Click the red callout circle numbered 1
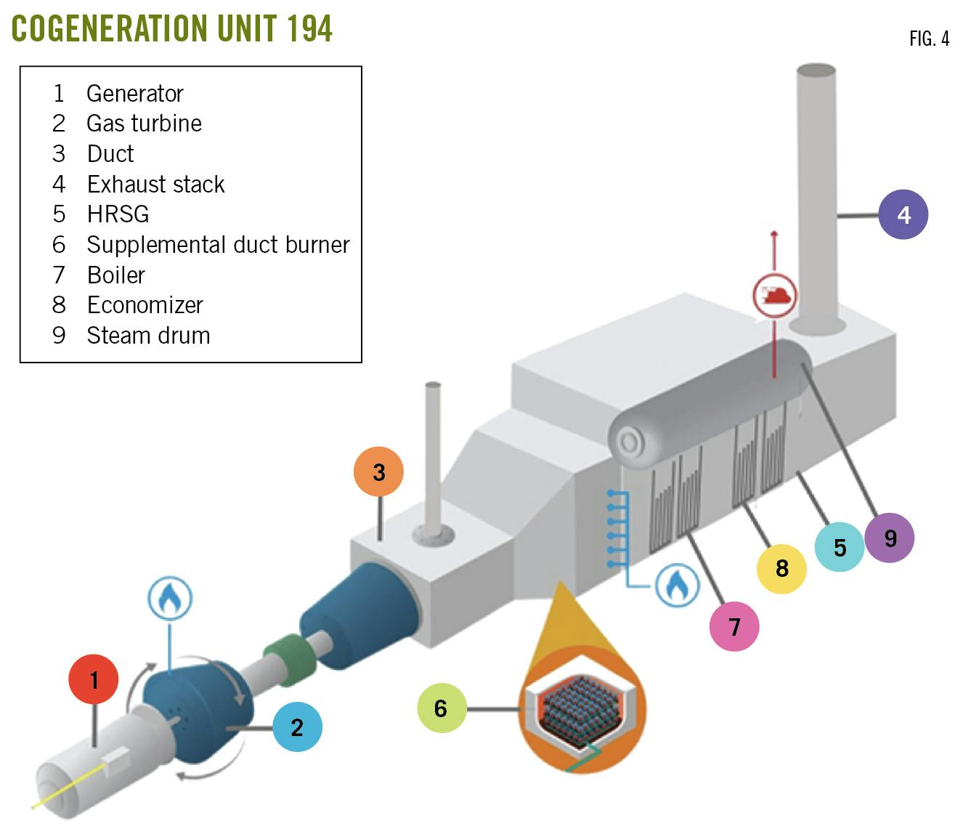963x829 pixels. (x=94, y=679)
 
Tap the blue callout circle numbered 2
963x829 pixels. (x=297, y=727)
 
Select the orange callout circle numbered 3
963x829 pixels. (x=378, y=472)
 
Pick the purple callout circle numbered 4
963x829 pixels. (x=903, y=214)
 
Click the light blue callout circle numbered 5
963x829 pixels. (x=840, y=546)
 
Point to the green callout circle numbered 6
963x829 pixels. (x=442, y=708)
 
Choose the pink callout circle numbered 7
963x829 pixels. (x=734, y=626)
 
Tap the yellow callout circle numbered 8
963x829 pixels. (x=781, y=567)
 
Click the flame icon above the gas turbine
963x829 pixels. (x=170, y=599)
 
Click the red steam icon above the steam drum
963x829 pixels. (x=774, y=296)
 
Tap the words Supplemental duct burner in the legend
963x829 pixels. (x=218, y=245)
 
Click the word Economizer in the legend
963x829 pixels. (x=145, y=305)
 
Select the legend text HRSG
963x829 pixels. (x=118, y=214)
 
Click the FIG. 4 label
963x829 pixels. (x=929, y=39)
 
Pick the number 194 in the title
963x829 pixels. (x=309, y=28)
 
